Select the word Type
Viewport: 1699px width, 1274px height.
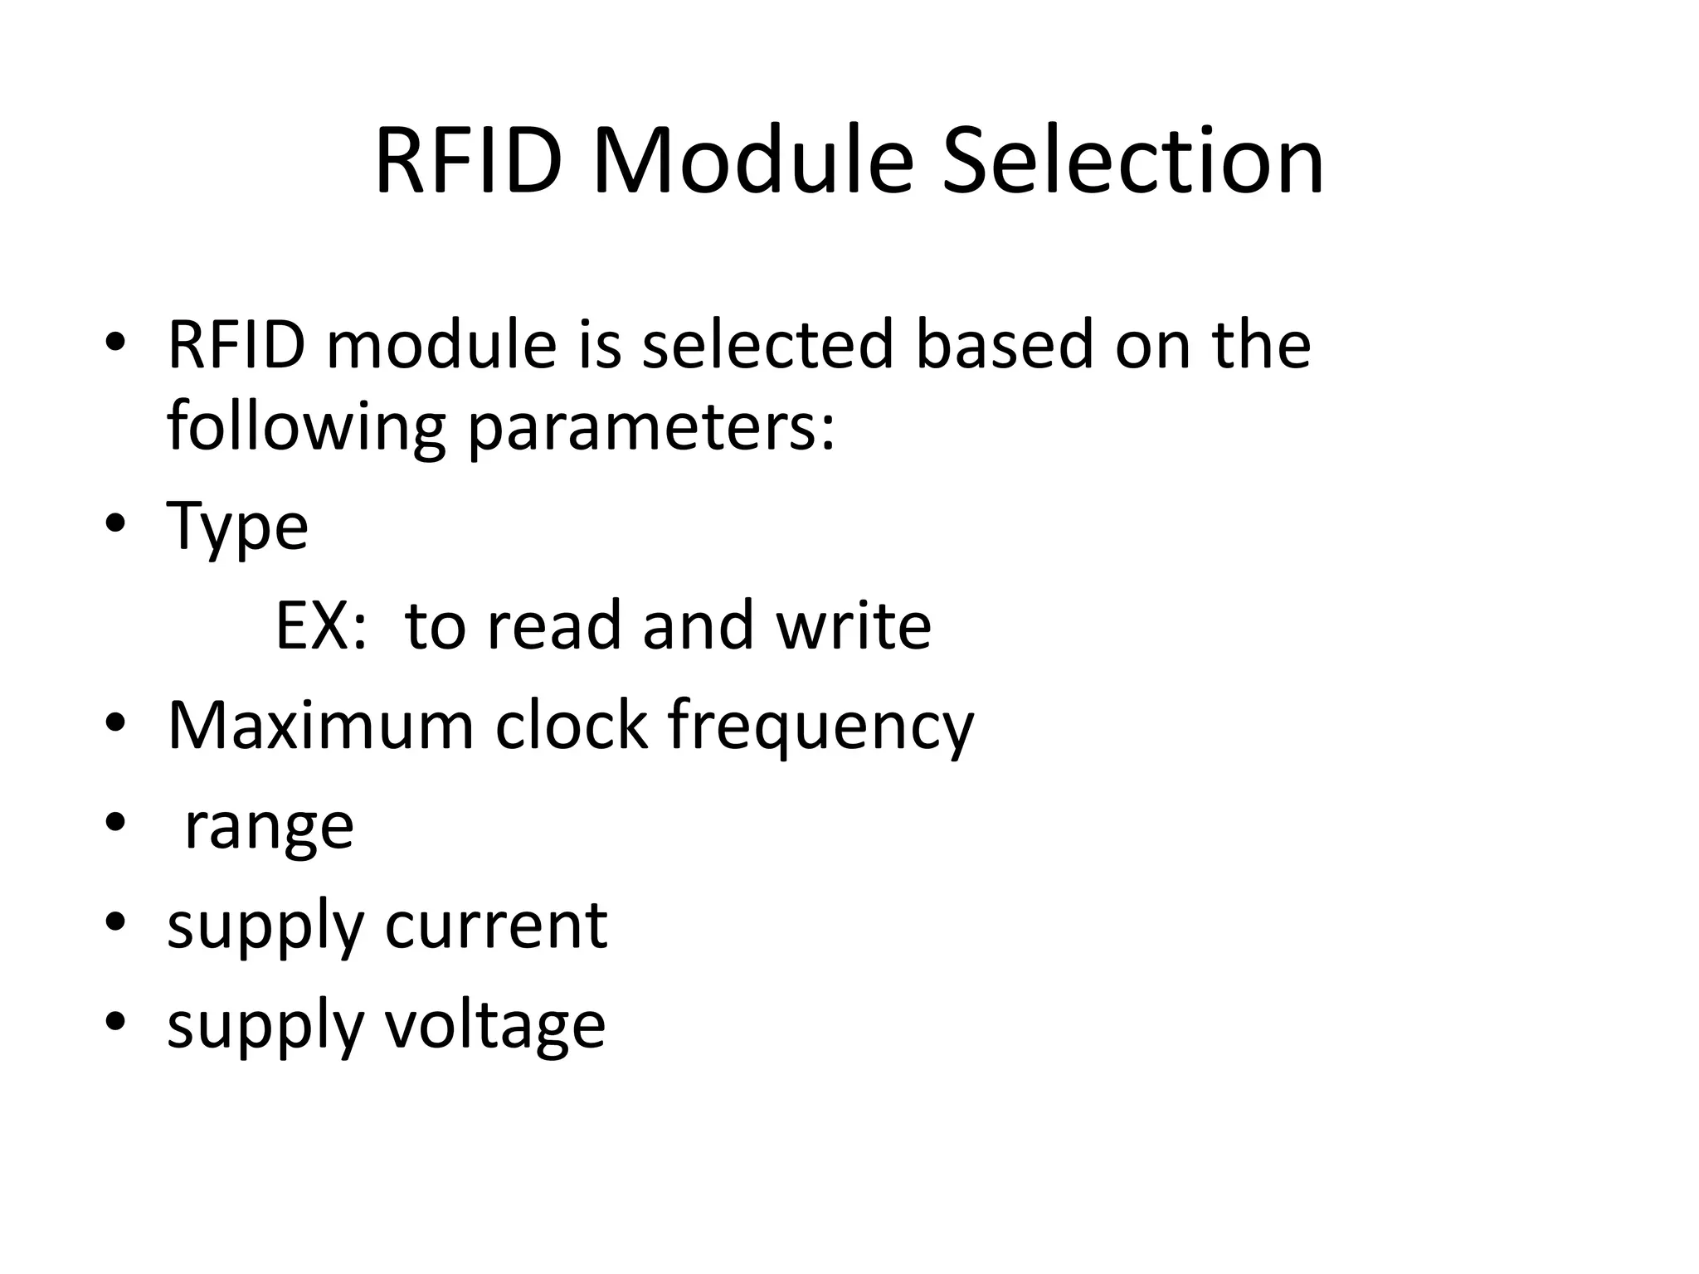[237, 528]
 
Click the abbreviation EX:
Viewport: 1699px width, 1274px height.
[320, 626]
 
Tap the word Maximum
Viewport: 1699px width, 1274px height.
[320, 726]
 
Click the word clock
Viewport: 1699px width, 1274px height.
[571, 726]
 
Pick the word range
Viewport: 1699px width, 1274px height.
[269, 828]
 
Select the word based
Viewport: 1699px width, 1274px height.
[1004, 344]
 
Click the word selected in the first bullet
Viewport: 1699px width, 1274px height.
[767, 344]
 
